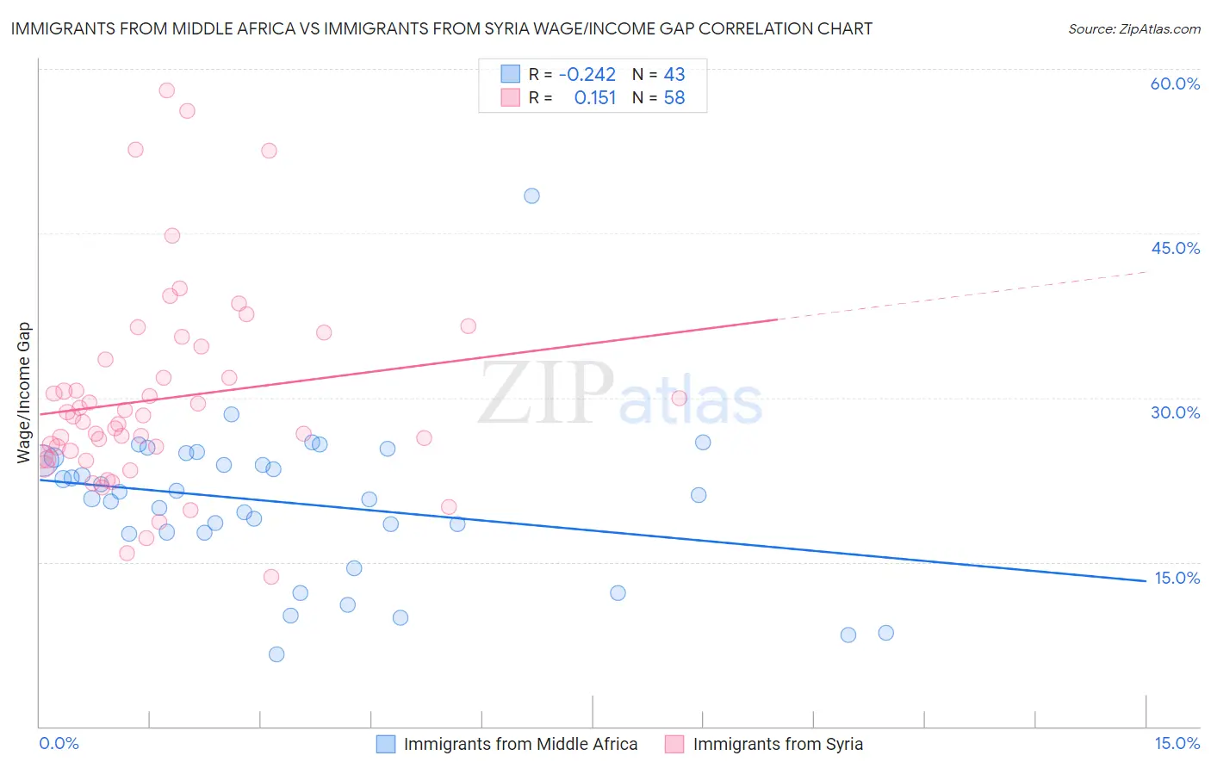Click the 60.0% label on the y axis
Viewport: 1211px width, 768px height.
coord(1175,84)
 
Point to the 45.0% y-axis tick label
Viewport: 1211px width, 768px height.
coord(1175,248)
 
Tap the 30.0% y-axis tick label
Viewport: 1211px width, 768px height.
coord(1175,412)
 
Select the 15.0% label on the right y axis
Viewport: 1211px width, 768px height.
coord(1177,578)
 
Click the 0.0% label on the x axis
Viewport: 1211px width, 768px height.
coord(59,743)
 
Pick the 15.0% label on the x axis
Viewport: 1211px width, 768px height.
coord(1177,743)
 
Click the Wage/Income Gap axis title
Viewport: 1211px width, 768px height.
coord(24,393)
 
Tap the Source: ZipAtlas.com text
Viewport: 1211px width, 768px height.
coord(1133,29)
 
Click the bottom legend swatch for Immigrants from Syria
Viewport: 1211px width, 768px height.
coord(674,744)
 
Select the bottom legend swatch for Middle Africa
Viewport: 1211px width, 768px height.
coord(385,744)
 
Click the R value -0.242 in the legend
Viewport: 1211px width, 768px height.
coord(587,74)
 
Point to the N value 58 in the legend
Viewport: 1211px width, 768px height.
coord(674,98)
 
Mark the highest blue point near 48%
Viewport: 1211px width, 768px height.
coord(531,195)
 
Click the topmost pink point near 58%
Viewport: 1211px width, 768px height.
coord(167,90)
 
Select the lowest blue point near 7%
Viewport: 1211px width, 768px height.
coord(276,654)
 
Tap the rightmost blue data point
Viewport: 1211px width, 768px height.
coord(885,633)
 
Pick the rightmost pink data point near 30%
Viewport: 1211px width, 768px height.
coord(679,398)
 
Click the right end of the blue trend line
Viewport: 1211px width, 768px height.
coord(1145,580)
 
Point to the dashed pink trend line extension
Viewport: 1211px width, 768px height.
coord(965,295)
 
